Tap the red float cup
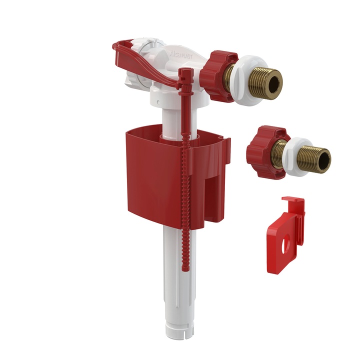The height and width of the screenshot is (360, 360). pos(150,165)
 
